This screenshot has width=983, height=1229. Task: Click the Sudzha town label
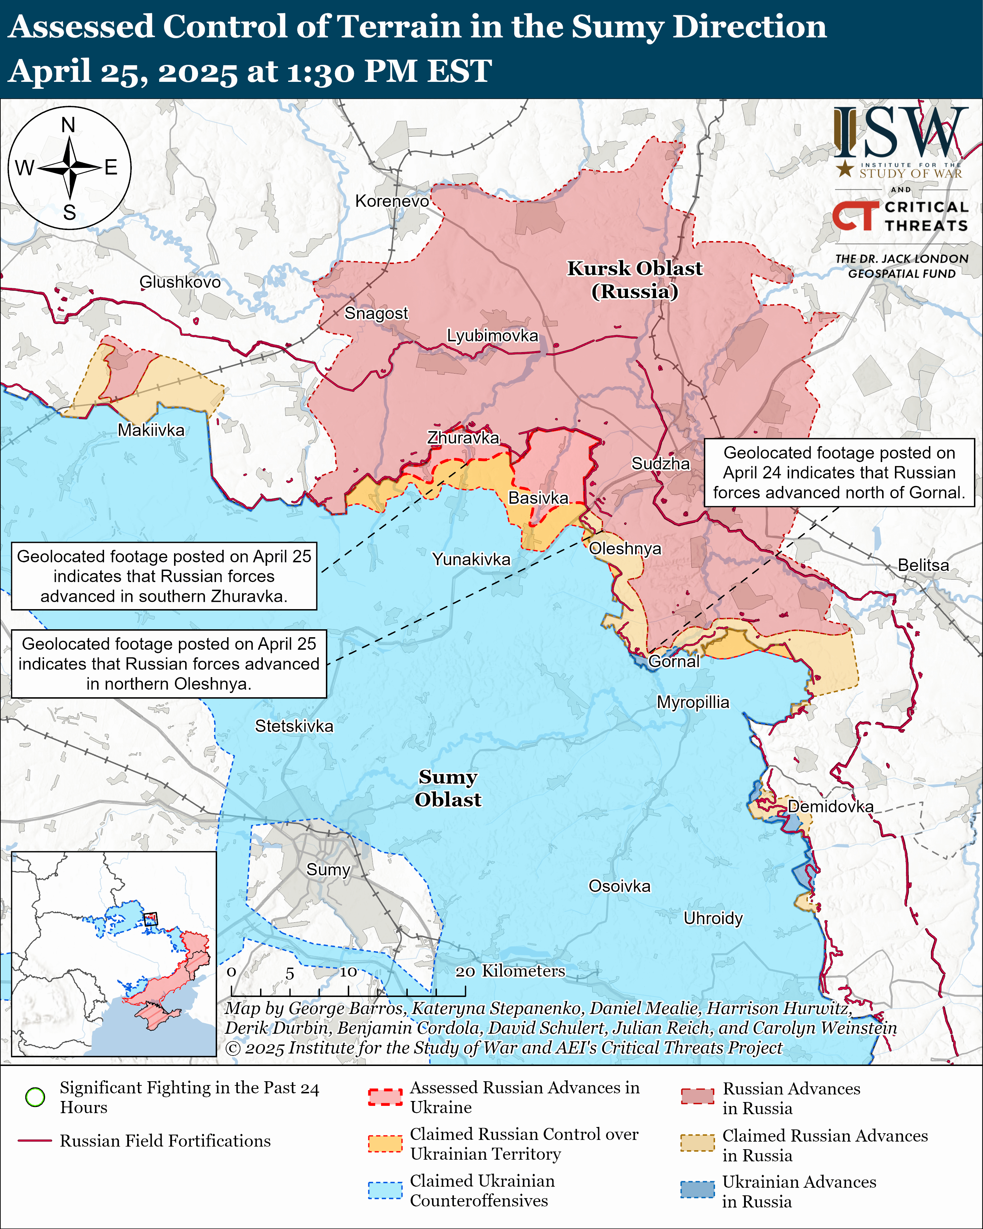coord(660,463)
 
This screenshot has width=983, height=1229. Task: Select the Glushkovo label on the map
coord(180,282)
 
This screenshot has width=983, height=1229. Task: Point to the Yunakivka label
coord(471,559)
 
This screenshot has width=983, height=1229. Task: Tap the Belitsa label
coord(923,565)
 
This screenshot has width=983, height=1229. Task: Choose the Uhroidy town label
coord(713,918)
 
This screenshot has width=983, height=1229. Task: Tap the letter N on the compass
coord(68,125)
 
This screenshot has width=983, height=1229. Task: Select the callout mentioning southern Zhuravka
coord(164,576)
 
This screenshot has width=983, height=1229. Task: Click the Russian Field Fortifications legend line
coord(35,1141)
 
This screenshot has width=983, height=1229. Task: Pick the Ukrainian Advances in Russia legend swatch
coord(697,1189)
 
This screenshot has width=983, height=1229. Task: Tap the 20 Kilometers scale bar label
coord(510,971)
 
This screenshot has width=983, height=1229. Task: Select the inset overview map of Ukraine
coord(114,954)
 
